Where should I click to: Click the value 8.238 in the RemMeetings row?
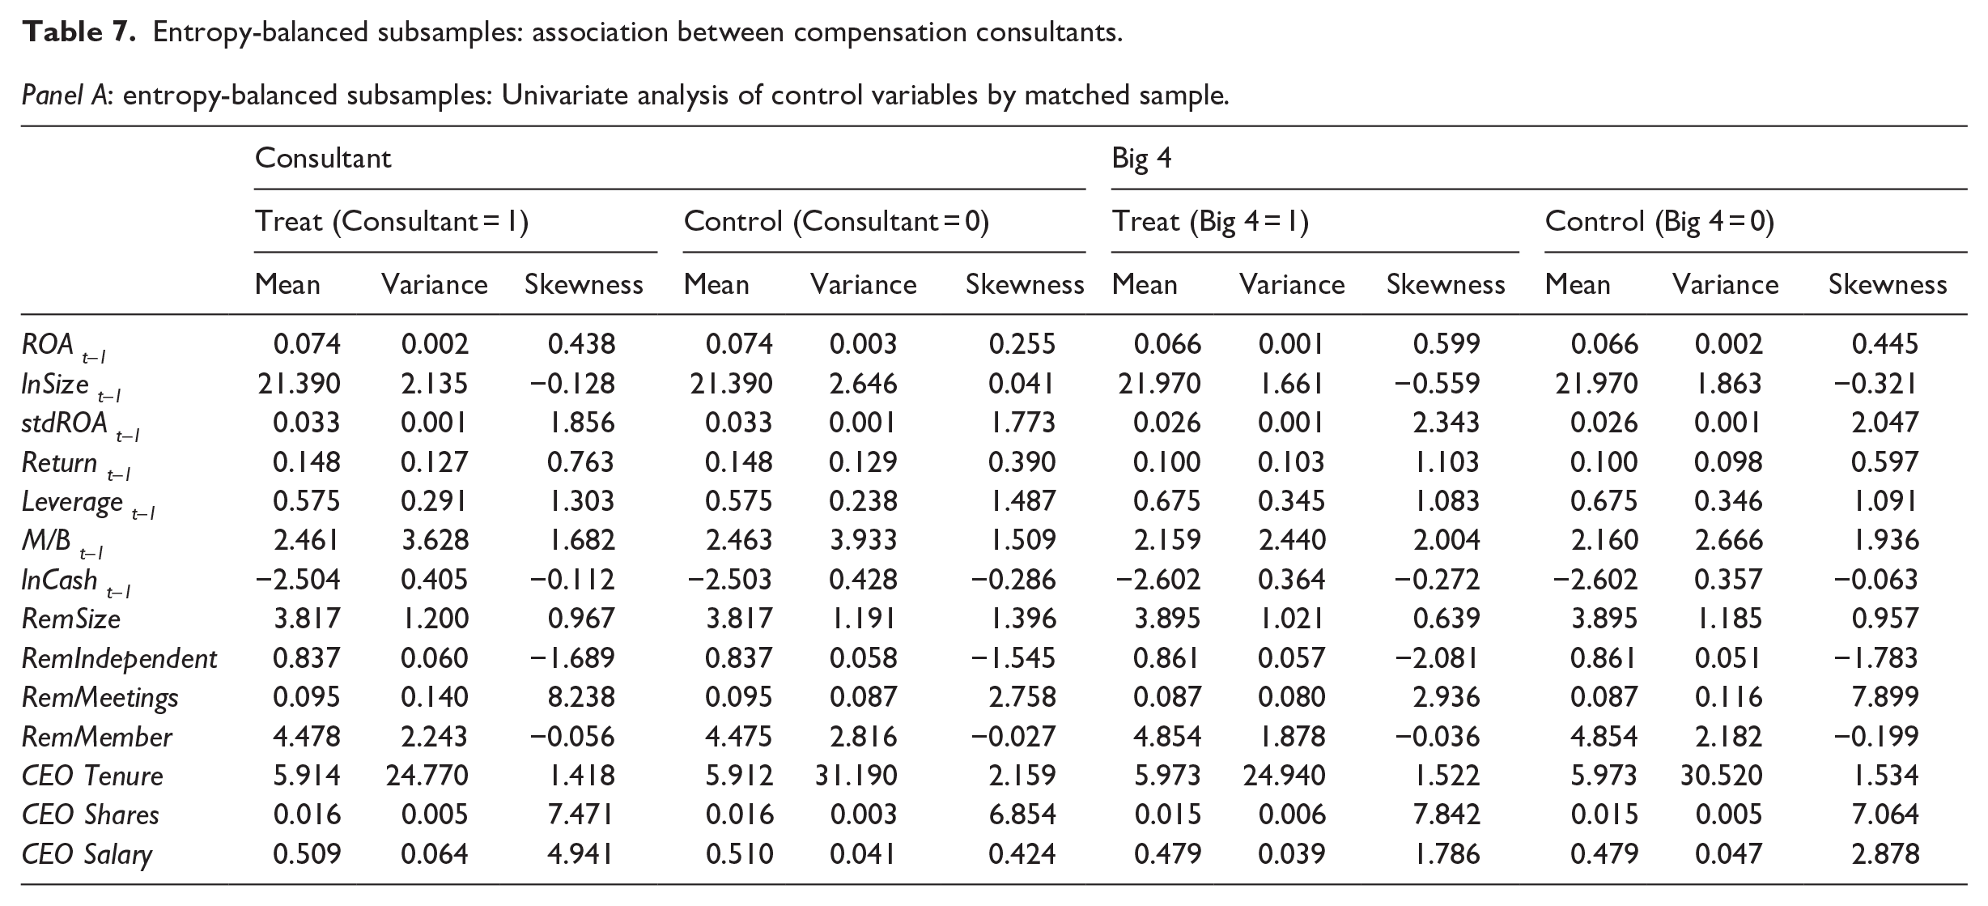point(581,697)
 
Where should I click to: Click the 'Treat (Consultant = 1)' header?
point(392,221)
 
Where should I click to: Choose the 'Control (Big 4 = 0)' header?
point(1659,221)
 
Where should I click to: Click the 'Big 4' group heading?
point(1141,158)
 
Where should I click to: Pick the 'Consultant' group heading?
point(323,158)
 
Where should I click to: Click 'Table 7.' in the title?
point(79,32)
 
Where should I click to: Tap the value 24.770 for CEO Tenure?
point(427,776)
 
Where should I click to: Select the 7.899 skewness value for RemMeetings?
point(1885,697)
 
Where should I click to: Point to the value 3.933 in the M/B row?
point(863,540)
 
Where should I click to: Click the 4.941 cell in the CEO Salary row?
point(581,854)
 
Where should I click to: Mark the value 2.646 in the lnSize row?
point(863,383)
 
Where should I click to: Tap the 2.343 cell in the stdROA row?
point(1446,423)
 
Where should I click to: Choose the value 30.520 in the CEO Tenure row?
point(1721,776)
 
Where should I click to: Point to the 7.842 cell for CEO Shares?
point(1446,815)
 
